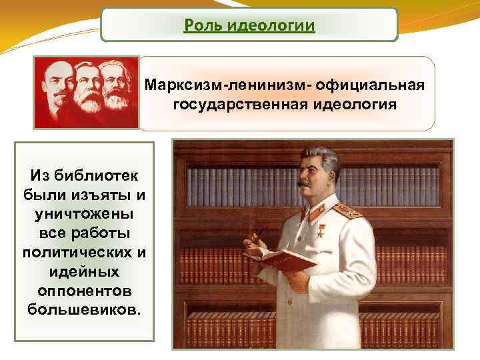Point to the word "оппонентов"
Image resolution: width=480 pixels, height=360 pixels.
pyautogui.click(x=84, y=291)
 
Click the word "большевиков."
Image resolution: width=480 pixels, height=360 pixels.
pyautogui.click(x=84, y=311)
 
